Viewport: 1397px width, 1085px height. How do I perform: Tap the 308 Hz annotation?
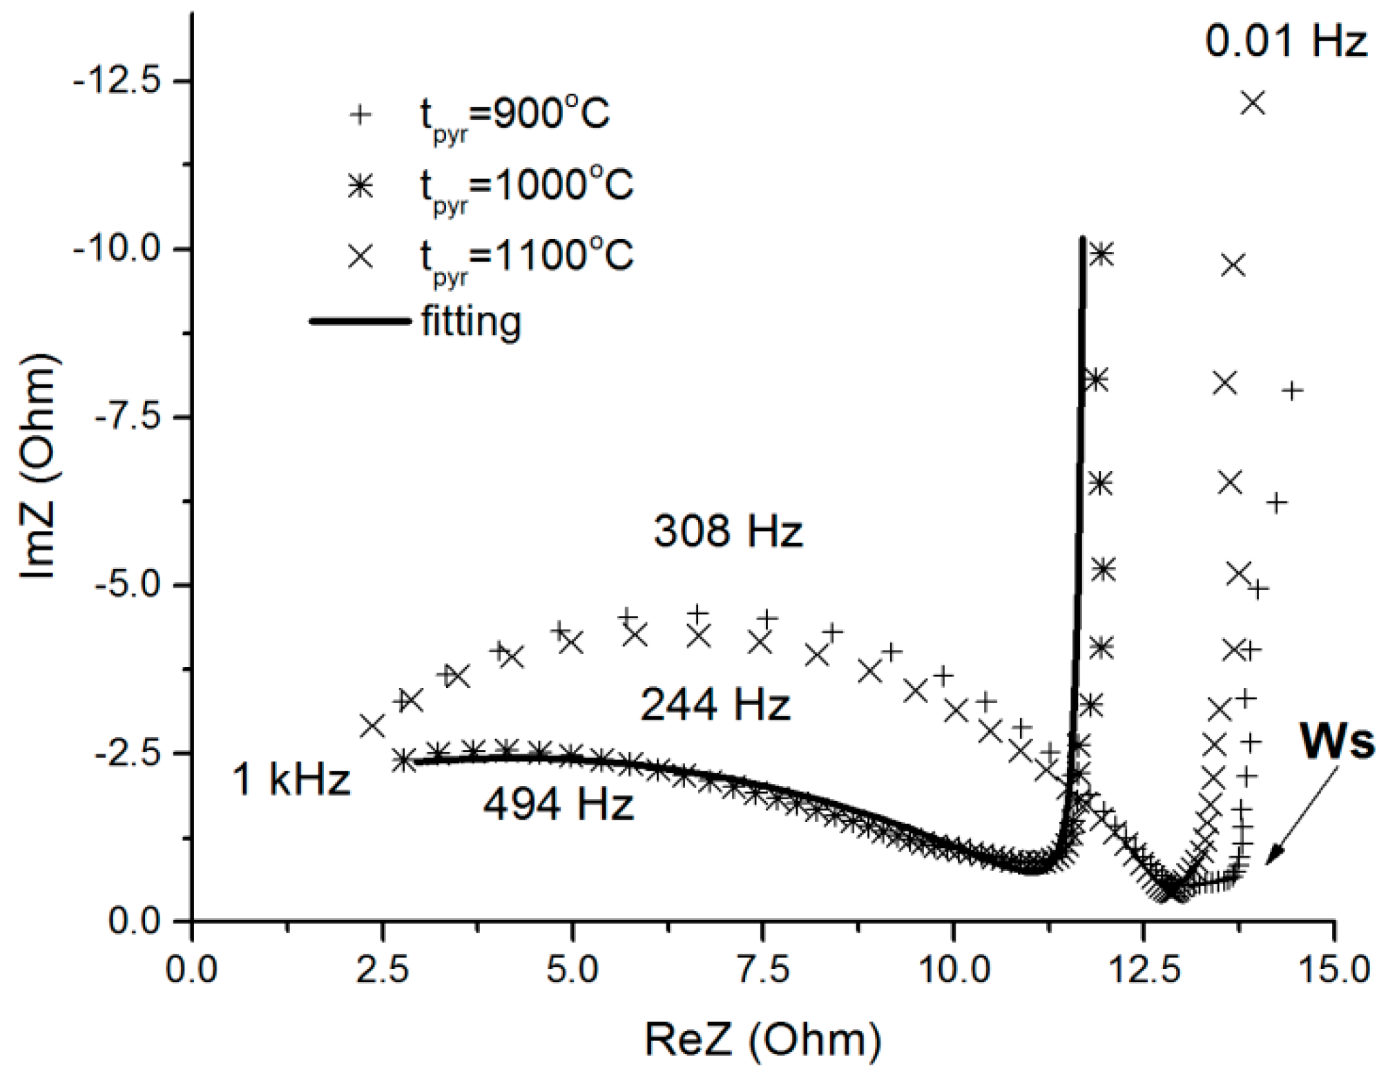[x=729, y=532]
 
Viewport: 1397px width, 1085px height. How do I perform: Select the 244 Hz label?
[x=715, y=706]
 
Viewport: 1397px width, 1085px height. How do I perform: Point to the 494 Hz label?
[x=558, y=805]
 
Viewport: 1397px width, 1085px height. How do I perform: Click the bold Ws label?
[x=1336, y=742]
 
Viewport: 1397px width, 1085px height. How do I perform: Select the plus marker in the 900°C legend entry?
[x=360, y=114]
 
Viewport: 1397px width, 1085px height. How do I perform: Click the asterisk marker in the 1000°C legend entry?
[x=360, y=186]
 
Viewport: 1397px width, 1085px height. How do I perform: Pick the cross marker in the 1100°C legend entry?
[x=360, y=257]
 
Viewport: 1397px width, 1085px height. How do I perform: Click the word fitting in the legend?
[x=471, y=323]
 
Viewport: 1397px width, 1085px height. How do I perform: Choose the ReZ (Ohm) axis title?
[x=762, y=1040]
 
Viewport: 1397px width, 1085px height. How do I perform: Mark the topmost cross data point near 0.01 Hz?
[x=1253, y=103]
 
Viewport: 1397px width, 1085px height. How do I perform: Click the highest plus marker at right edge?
[x=1291, y=391]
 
